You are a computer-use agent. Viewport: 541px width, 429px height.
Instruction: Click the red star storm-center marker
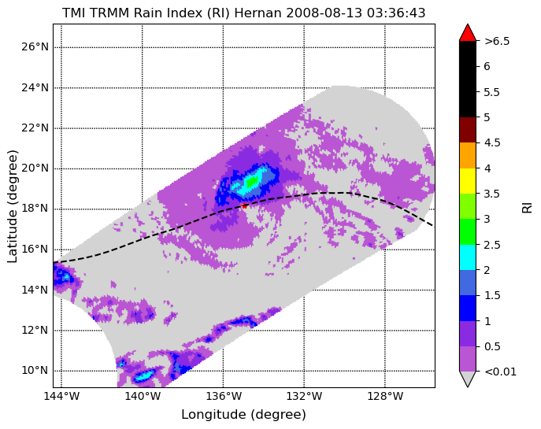(x=244, y=206)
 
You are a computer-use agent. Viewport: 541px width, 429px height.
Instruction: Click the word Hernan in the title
(x=258, y=13)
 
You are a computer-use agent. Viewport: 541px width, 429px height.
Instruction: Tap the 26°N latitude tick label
(x=35, y=46)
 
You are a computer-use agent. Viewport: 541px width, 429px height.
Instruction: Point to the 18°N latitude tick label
(x=35, y=209)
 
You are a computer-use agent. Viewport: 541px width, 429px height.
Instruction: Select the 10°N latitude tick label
(x=35, y=371)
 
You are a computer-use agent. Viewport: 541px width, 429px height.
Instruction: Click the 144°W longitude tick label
(x=61, y=396)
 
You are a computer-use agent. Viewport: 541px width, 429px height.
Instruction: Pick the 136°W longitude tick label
(x=224, y=396)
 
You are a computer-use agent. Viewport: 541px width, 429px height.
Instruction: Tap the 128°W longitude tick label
(x=385, y=396)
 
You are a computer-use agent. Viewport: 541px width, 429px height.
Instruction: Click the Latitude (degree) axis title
(x=12, y=206)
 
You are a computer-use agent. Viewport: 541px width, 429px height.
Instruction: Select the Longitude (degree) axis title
(x=243, y=415)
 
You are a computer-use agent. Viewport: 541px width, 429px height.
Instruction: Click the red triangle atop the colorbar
(x=468, y=33)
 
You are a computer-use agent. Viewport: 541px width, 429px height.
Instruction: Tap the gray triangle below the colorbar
(x=468, y=379)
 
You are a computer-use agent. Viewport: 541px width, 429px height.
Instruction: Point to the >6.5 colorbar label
(x=497, y=41)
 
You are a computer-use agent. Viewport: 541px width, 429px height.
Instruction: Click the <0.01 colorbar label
(x=500, y=372)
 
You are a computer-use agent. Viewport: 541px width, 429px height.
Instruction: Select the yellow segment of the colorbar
(x=468, y=181)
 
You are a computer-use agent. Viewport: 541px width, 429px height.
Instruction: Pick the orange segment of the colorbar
(x=468, y=156)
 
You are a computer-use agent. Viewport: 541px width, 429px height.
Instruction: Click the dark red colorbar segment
(x=468, y=130)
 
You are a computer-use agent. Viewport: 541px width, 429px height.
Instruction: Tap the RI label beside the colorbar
(x=527, y=208)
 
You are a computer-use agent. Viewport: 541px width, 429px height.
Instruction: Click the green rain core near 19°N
(x=253, y=180)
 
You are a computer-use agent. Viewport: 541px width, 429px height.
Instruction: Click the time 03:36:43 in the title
(x=396, y=13)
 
